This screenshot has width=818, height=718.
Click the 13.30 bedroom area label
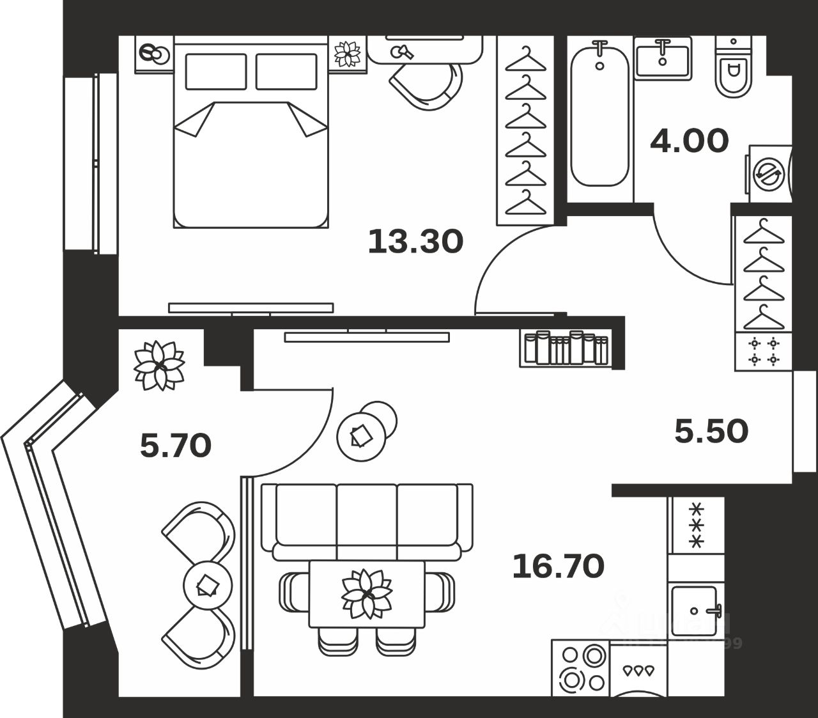click(x=415, y=242)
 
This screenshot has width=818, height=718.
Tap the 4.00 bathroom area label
click(x=689, y=141)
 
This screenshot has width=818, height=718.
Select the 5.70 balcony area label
click(x=175, y=445)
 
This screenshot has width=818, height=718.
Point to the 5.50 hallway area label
click(x=711, y=432)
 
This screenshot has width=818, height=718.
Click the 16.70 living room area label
click(x=558, y=566)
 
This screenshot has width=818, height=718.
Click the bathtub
click(x=599, y=115)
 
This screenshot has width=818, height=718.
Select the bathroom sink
click(x=663, y=58)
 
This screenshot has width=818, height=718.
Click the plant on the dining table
click(x=366, y=595)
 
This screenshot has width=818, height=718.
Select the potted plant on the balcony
click(x=158, y=366)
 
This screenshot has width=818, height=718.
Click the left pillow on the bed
click(x=215, y=72)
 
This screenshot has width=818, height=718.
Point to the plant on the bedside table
click(x=348, y=53)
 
